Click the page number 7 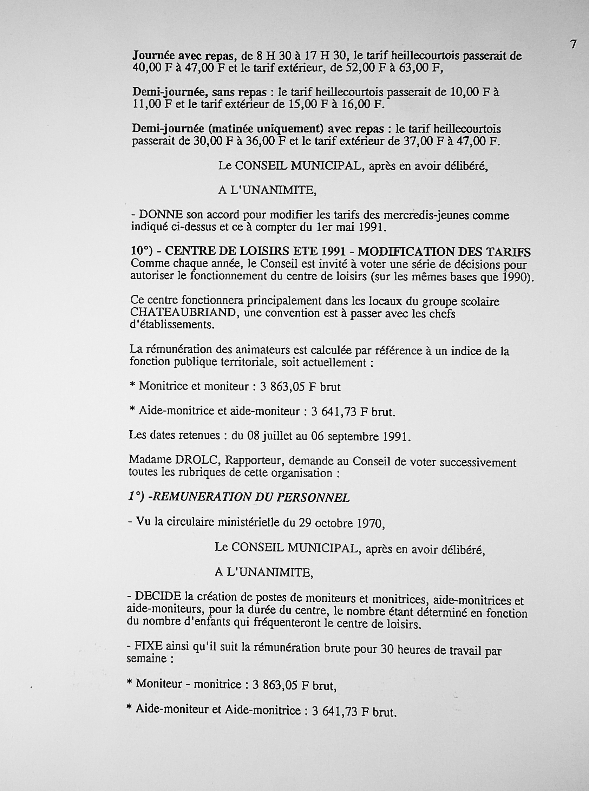pyautogui.click(x=573, y=44)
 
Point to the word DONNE pyautogui.click(x=161, y=215)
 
